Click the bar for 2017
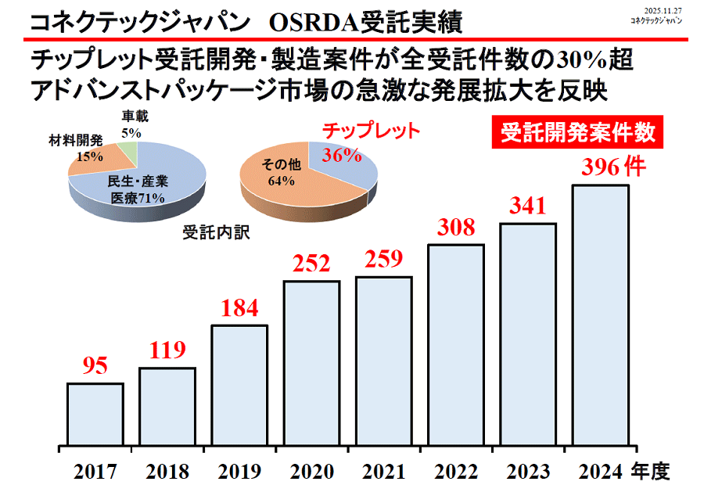[95, 414]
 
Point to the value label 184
[239, 308]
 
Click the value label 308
[456, 228]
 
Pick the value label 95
[95, 366]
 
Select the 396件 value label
[612, 167]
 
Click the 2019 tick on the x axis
[239, 472]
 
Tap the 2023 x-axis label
[528, 472]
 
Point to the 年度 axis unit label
[650, 471]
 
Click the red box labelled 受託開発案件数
[578, 133]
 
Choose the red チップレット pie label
[372, 130]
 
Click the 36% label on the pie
[342, 155]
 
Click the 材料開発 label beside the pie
[76, 140]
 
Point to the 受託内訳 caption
[215, 232]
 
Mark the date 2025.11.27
[662, 9]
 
